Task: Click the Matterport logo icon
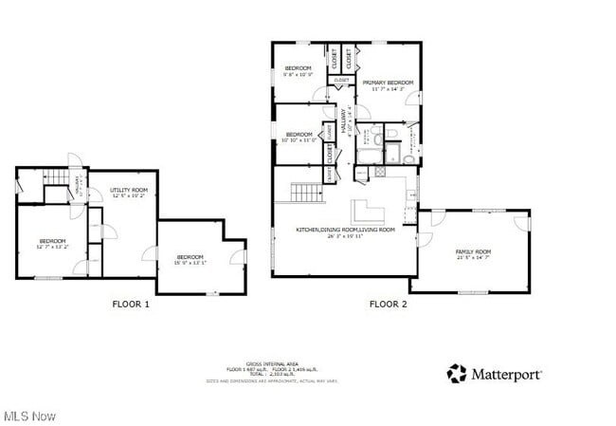click(457, 373)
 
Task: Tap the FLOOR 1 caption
click(131, 304)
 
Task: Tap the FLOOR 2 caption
click(388, 304)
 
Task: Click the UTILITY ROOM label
click(129, 191)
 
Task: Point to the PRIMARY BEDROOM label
click(387, 83)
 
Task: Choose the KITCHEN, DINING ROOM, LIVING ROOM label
click(345, 230)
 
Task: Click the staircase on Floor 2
click(307, 193)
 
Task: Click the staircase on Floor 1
click(61, 179)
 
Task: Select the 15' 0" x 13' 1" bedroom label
click(190, 258)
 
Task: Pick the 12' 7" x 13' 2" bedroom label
click(52, 243)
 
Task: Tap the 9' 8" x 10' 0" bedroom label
click(299, 71)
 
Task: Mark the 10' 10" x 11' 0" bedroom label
click(299, 137)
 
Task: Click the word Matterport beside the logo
click(508, 374)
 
